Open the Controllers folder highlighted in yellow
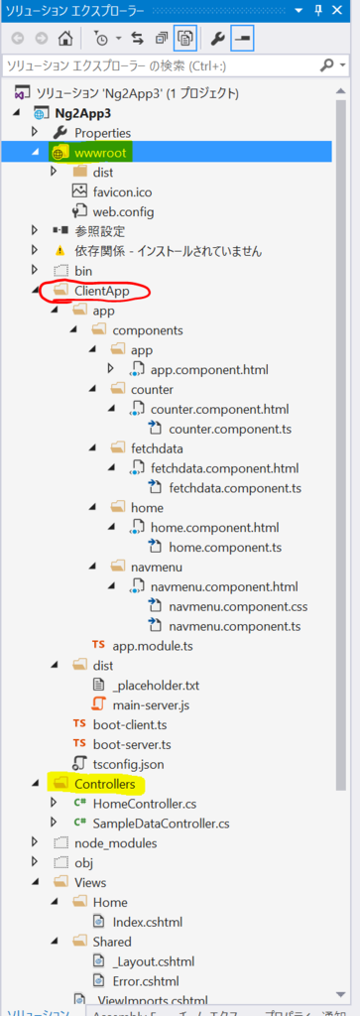[104, 784]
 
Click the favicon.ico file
[123, 191]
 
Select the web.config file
[124, 211]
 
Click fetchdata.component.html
[224, 468]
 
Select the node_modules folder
[115, 843]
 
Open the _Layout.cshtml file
[153, 960]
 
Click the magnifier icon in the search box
[326, 66]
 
